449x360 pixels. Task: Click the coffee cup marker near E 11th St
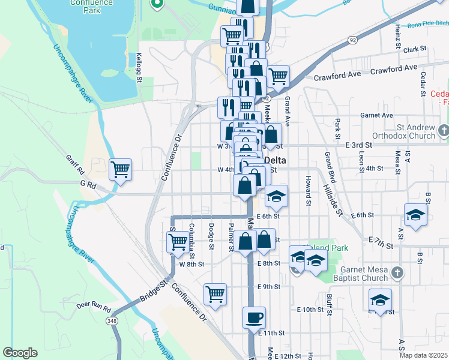tap(254, 317)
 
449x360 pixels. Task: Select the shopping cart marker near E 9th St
tap(215, 294)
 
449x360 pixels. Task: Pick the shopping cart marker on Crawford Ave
tap(278, 76)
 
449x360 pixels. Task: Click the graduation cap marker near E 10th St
tap(380, 299)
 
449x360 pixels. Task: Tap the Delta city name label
tap(276, 160)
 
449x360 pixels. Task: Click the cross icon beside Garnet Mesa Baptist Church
tap(396, 274)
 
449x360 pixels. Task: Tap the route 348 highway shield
tap(112, 322)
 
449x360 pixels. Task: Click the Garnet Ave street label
tap(376, 115)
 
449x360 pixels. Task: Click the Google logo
tap(20, 353)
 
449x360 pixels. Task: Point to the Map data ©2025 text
tap(424, 355)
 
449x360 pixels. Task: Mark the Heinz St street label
tap(398, 36)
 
